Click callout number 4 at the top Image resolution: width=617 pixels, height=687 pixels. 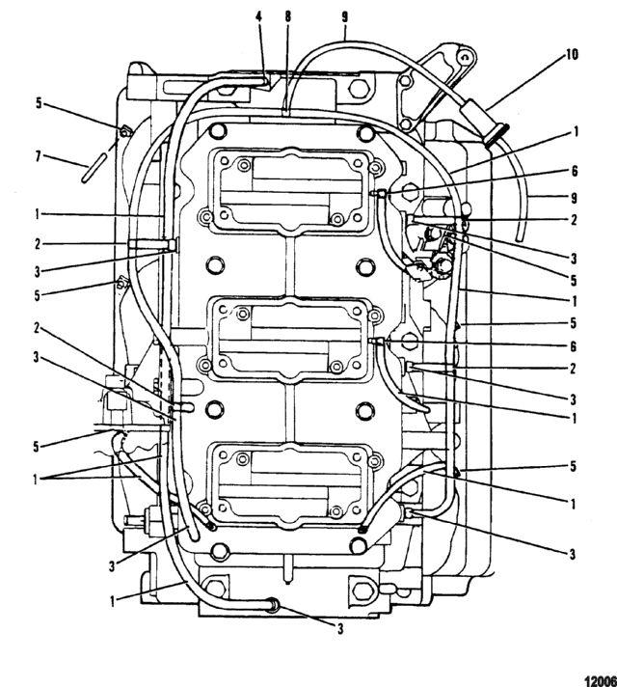pos(258,17)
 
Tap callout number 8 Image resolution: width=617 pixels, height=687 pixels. pos(287,17)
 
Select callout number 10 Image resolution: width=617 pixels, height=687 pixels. pos(572,54)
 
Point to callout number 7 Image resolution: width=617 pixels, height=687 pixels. pos(39,156)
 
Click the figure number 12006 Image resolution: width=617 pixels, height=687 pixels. pos(601,680)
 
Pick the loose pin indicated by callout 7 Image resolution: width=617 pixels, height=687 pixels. pos(93,167)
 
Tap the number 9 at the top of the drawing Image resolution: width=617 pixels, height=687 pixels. pos(344,17)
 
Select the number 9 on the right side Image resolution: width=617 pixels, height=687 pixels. pos(574,199)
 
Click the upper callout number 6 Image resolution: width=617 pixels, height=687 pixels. pos(574,171)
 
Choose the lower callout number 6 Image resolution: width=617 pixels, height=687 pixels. pos(574,346)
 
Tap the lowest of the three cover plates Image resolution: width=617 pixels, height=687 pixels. pos(291,484)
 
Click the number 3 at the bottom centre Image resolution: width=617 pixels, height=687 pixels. pos(340,629)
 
